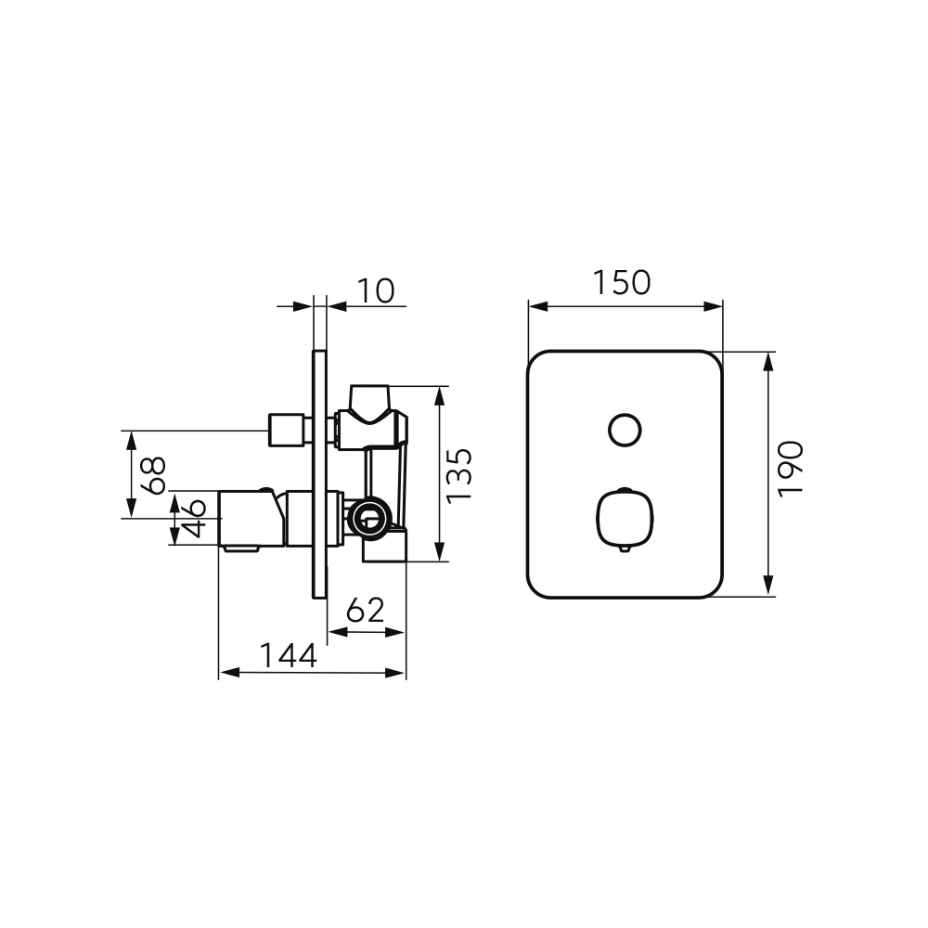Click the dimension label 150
click(622, 283)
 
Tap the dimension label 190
click(791, 470)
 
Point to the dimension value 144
click(289, 655)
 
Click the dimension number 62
click(365, 611)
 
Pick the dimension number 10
click(376, 291)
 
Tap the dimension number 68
click(153, 475)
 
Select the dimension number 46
click(192, 517)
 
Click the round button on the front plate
click(625, 430)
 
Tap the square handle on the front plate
click(625, 519)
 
